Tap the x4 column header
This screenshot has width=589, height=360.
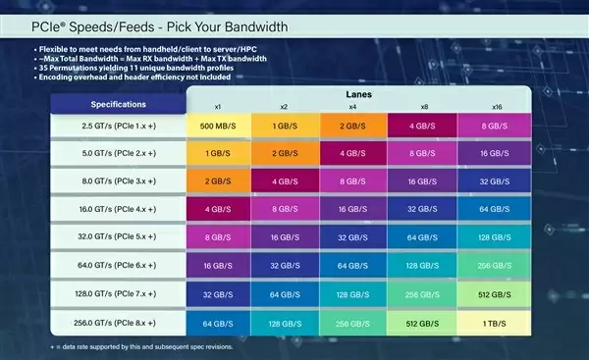tap(353, 105)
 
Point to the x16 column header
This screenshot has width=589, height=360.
tap(499, 105)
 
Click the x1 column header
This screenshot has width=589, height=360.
tap(219, 105)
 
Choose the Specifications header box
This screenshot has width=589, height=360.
tap(119, 103)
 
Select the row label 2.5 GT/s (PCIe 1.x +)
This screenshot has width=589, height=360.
tap(119, 127)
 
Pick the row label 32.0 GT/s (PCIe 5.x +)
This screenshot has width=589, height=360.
tap(119, 237)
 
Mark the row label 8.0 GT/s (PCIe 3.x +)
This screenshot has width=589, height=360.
tap(119, 181)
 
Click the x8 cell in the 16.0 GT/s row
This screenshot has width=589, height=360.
tap(423, 210)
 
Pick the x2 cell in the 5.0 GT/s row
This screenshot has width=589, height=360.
tap(286, 154)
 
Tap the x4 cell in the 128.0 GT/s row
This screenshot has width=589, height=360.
tap(353, 293)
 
